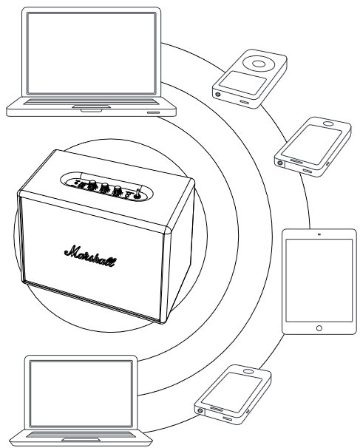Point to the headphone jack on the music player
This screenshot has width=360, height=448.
pyautogui.click(x=219, y=94)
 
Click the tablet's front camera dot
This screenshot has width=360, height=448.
pyautogui.click(x=319, y=234)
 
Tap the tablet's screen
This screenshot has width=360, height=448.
pyautogui.click(x=319, y=277)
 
